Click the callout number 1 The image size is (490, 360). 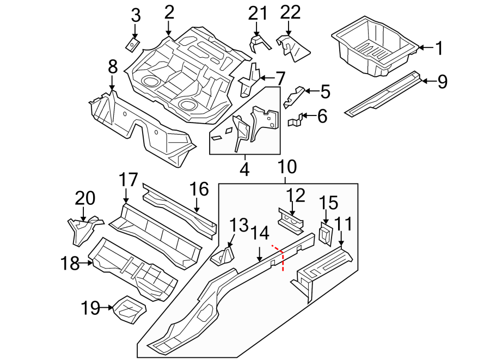click(x=439, y=48)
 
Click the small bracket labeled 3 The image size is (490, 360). click(x=132, y=44)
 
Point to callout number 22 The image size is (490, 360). click(x=291, y=11)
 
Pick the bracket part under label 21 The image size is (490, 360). click(x=260, y=42)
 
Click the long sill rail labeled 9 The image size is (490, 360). click(x=384, y=93)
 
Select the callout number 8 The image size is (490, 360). click(x=112, y=66)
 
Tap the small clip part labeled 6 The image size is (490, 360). click(x=295, y=120)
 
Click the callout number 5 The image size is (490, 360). click(x=325, y=91)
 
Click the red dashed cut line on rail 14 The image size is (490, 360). click(x=282, y=257)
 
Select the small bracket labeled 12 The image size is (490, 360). click(x=291, y=220)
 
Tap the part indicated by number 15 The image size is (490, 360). click(x=325, y=233)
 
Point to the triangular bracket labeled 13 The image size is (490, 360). click(x=223, y=256)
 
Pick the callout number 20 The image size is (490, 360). click(x=84, y=198)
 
